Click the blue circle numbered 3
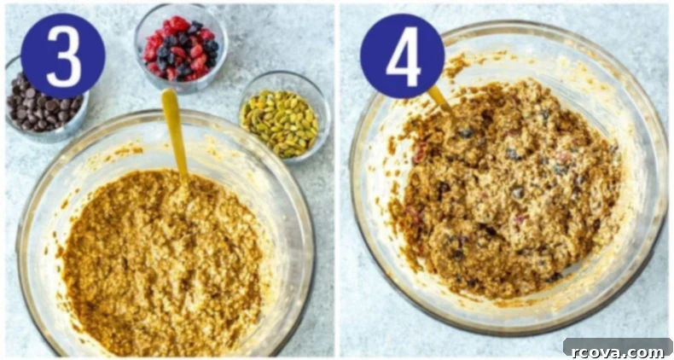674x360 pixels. pos(63,55)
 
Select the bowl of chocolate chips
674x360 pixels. pos(46,101)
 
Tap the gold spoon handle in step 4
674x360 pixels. pos(440,100)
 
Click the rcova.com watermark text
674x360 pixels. pos(617,351)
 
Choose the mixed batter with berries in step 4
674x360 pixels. pos(505,189)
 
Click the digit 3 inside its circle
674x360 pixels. pos(63,56)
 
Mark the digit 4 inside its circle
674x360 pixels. pos(403,56)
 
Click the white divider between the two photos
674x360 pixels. pos(337,180)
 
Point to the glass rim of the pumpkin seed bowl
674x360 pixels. pos(285,74)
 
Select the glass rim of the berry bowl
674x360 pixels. pos(181,8)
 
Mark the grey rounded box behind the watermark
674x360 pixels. pos(617,347)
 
